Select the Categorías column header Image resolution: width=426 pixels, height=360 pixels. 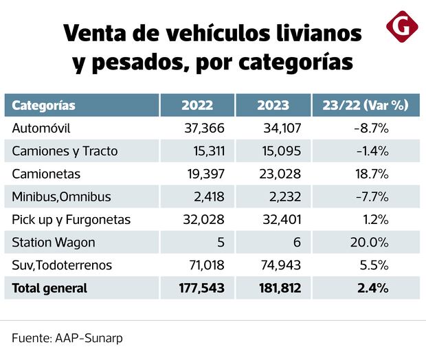click(x=44, y=105)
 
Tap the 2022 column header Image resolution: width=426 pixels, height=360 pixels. click(x=197, y=105)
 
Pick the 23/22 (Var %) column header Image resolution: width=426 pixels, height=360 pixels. click(x=365, y=105)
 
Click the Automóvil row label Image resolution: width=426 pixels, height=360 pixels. click(x=41, y=128)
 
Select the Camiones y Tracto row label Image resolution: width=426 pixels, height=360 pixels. click(x=65, y=151)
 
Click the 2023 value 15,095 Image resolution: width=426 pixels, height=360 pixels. click(x=280, y=151)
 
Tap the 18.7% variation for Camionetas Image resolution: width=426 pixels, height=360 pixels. click(x=374, y=175)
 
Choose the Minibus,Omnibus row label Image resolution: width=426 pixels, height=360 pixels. click(x=61, y=197)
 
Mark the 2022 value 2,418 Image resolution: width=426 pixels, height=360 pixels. click(x=210, y=197)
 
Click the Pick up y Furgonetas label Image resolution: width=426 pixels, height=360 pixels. click(x=71, y=220)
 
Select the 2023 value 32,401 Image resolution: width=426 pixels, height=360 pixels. click(x=280, y=220)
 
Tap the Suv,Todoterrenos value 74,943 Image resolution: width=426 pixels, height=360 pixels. click(x=280, y=265)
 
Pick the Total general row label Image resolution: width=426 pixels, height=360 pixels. click(x=49, y=289)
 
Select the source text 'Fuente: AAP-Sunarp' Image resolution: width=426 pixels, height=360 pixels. click(x=67, y=338)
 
